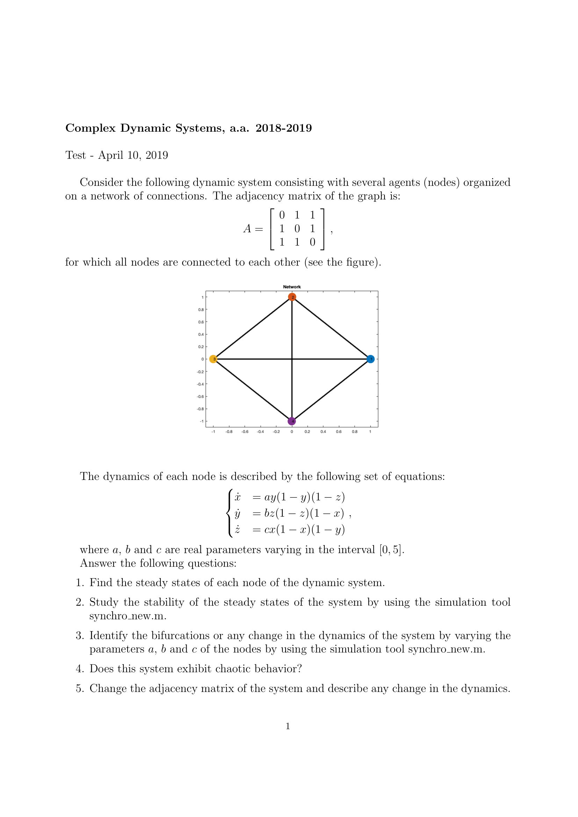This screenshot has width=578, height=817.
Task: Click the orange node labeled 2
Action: coord(292,297)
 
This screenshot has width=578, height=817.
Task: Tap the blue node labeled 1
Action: coord(370,359)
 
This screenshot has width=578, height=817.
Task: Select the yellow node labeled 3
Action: coord(213,359)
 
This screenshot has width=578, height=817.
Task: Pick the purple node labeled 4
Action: coord(292,421)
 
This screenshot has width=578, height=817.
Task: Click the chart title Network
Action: coord(292,287)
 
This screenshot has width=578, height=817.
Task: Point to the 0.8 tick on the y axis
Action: coord(201,309)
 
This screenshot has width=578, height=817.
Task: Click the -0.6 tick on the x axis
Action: coord(245,432)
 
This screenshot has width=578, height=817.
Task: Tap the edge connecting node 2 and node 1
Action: coord(331,328)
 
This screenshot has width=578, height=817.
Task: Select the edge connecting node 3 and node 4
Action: coord(253,390)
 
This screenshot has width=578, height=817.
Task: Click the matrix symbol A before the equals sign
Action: coord(247,228)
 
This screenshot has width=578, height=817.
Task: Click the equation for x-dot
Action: coord(289,497)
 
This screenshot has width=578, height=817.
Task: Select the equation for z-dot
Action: coord(289,530)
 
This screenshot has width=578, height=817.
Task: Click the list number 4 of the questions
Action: coord(80,669)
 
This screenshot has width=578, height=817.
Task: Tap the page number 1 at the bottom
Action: coord(288,726)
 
